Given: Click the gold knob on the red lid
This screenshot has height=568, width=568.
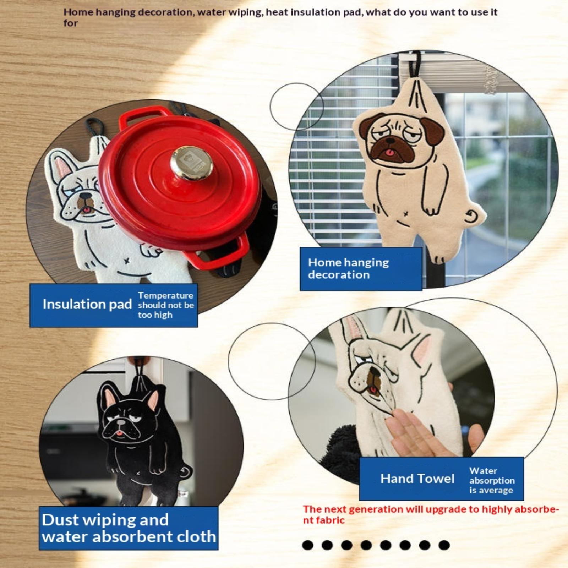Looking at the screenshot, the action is pyautogui.click(x=191, y=163).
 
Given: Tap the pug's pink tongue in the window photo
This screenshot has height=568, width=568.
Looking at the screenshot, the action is pyautogui.click(x=390, y=153).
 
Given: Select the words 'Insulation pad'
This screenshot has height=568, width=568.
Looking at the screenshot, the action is pyautogui.click(x=87, y=305).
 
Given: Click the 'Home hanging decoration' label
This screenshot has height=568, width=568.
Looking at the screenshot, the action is pyautogui.click(x=349, y=268).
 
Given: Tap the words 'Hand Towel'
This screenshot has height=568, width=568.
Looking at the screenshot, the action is pyautogui.click(x=417, y=479).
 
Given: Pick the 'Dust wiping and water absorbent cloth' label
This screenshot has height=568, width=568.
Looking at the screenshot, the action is pyautogui.click(x=129, y=528).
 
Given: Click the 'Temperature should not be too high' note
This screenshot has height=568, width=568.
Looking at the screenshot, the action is pyautogui.click(x=166, y=305).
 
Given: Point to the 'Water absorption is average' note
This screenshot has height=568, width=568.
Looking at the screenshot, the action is pyautogui.click(x=492, y=480).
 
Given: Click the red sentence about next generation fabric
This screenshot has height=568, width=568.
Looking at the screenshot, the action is pyautogui.click(x=431, y=514).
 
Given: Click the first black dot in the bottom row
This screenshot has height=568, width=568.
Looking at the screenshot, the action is pyautogui.click(x=308, y=545).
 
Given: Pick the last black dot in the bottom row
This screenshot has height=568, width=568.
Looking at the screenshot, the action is pyautogui.click(x=444, y=545).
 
